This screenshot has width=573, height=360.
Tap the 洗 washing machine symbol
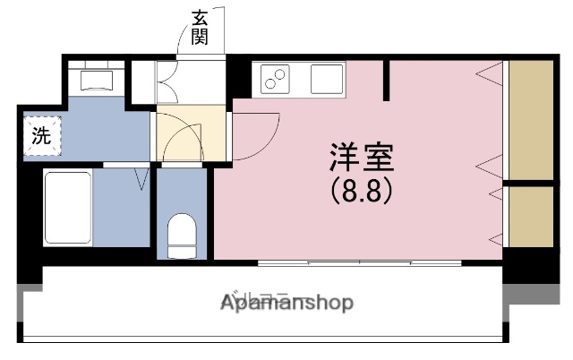click(41, 137)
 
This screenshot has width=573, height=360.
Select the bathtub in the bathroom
click(68, 208)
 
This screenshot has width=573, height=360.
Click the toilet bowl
click(183, 235)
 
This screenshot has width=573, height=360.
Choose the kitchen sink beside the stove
click(327, 80)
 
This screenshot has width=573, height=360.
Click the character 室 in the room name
click(376, 159)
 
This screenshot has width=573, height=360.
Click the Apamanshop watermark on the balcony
click(286, 302)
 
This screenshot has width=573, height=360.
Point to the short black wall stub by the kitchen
click(387, 80)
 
